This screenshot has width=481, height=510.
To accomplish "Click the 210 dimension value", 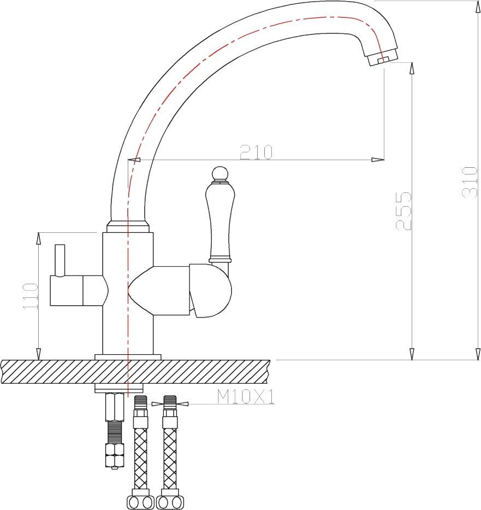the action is tap(256, 152).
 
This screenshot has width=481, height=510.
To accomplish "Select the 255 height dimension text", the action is tap(403, 211).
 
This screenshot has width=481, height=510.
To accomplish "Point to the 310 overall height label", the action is tap(470, 182).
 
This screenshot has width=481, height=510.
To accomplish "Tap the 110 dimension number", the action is tap(31, 296).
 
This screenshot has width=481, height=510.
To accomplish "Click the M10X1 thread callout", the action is tap(246, 397).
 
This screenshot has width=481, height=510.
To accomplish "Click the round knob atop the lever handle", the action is tap(220, 173).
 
